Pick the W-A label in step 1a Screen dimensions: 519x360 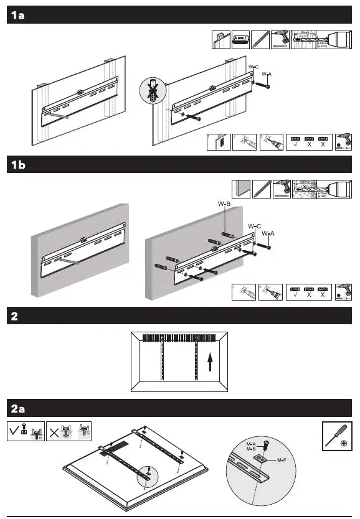pyautogui.click(x=267, y=74)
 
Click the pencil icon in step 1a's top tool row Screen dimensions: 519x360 pyautogui.click(x=260, y=40)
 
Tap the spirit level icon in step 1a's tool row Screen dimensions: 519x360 pyautogui.click(x=240, y=40)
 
